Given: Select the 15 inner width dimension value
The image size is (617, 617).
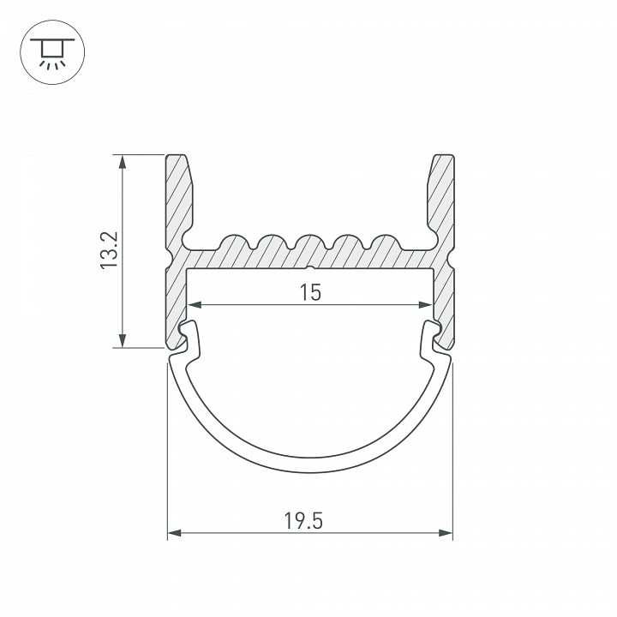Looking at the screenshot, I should pos(310,292).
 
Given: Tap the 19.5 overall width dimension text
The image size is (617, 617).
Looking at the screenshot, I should pos(309,520).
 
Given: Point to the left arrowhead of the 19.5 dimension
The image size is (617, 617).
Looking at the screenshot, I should pos(173,534).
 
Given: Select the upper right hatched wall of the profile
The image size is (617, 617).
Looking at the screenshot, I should pos(440,197).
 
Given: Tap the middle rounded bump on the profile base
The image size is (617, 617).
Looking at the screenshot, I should pos(309,243).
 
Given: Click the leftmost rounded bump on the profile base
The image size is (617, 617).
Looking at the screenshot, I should pos(234,243).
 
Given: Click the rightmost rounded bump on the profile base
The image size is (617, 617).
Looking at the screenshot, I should pos(386,243).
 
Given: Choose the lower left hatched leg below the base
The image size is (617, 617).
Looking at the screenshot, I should pos(176,296).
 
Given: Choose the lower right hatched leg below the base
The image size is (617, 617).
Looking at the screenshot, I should pos(443,296).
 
